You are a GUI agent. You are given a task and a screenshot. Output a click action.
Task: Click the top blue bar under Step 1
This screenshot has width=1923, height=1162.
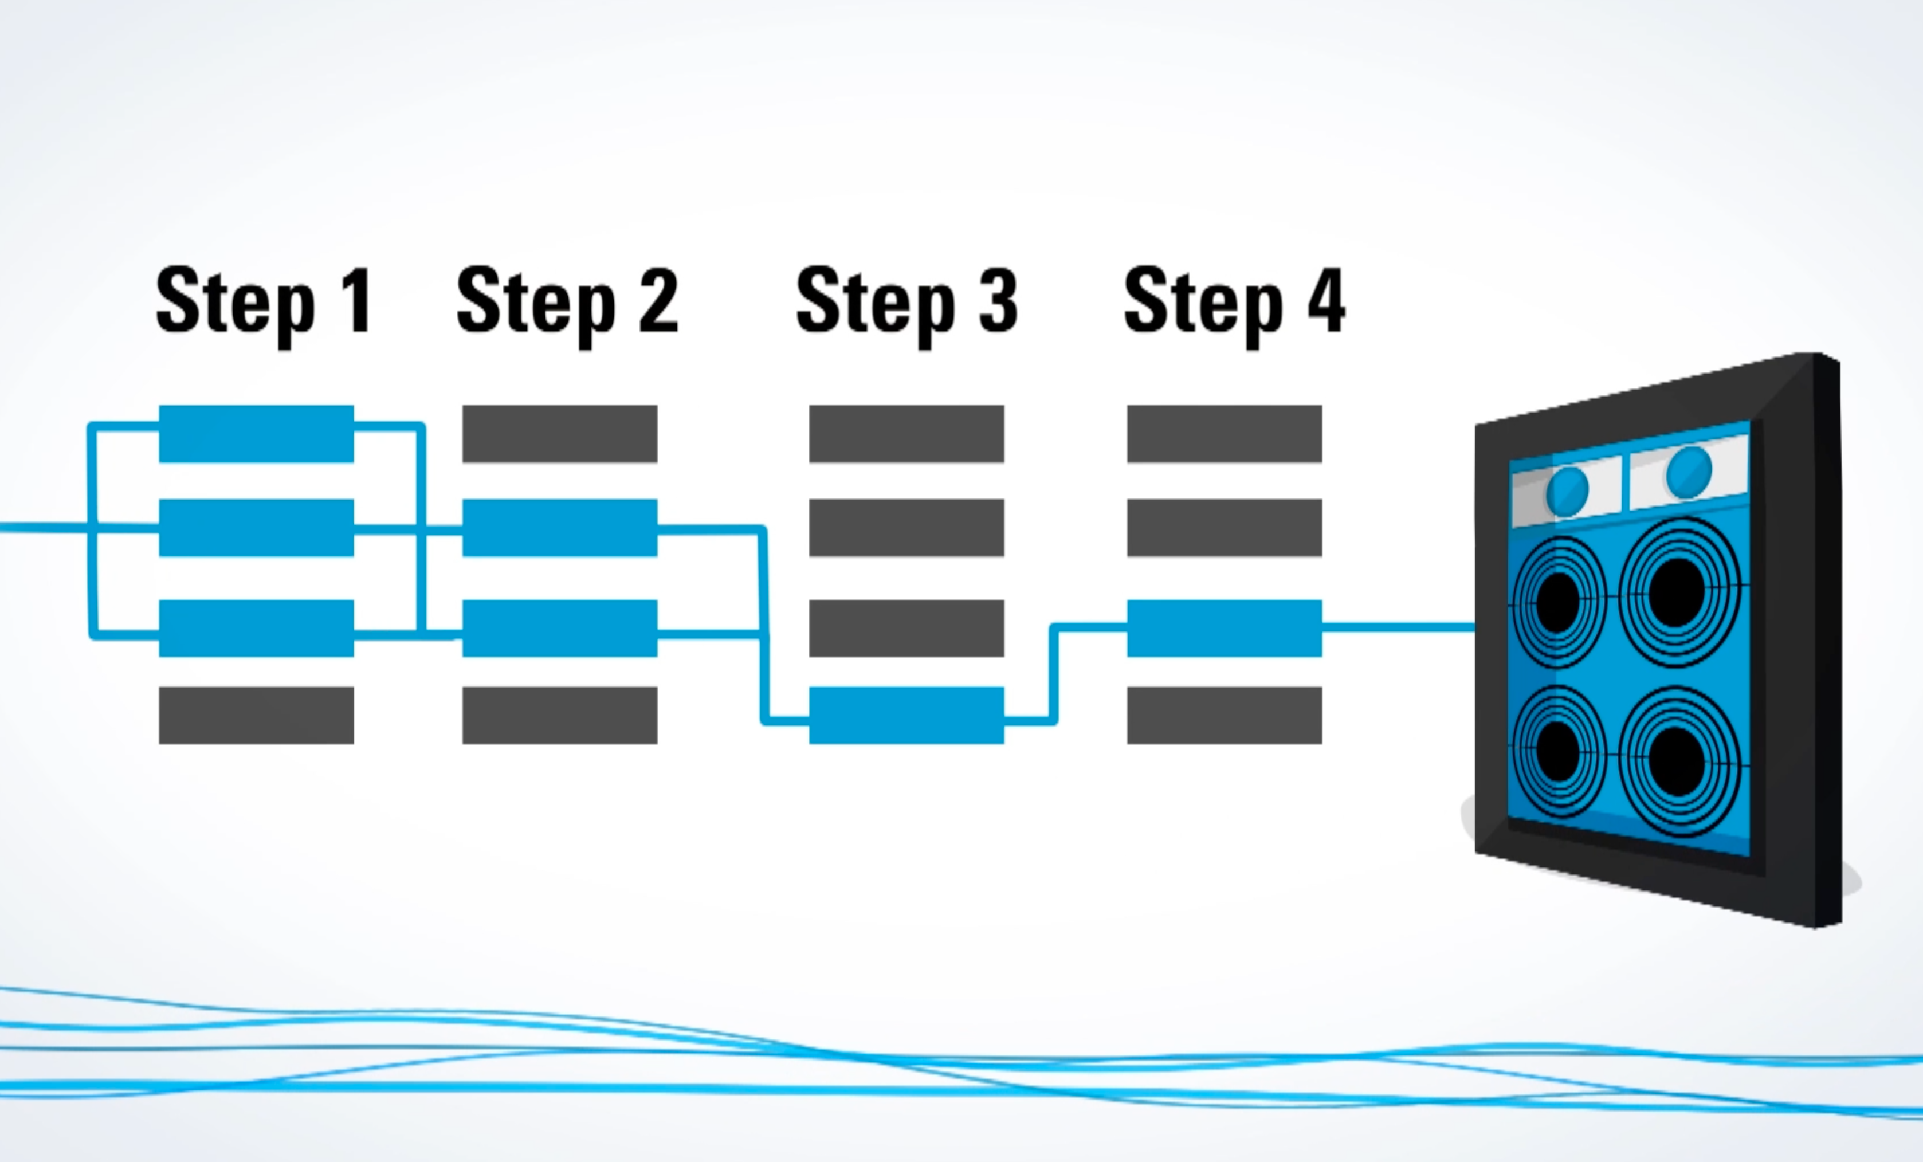pos(256,433)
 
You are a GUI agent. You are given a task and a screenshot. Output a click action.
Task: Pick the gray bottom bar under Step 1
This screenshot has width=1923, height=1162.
pos(256,715)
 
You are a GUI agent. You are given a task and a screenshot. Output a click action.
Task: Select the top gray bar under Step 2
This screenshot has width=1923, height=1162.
pos(560,433)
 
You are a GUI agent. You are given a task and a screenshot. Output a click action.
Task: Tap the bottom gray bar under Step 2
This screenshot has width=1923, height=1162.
pos(560,715)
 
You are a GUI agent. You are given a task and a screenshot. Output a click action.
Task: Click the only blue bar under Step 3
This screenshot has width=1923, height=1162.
pos(906,715)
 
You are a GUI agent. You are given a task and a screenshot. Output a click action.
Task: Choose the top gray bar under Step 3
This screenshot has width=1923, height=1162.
pos(906,433)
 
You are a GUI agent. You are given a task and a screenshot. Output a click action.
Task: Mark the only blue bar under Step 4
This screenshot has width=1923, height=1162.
pos(1224,627)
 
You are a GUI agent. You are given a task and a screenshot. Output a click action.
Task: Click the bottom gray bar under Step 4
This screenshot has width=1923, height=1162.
pos(1224,715)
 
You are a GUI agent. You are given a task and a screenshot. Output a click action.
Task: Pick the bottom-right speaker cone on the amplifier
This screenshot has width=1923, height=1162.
pos(1678,761)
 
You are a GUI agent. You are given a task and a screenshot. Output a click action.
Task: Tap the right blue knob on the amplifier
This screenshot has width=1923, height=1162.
pos(1689,472)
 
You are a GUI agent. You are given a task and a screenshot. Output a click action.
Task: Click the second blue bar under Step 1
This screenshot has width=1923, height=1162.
pos(256,528)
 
